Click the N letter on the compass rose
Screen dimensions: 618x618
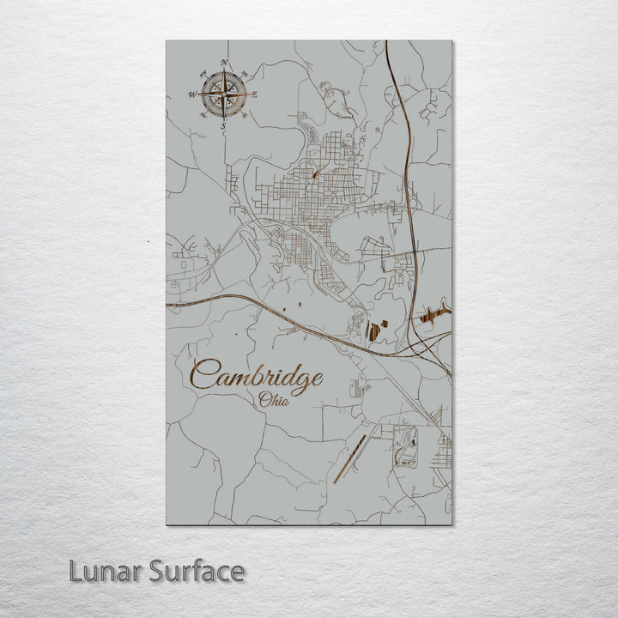click(224, 63)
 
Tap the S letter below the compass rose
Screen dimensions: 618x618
click(224, 126)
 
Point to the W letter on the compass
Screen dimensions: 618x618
click(192, 94)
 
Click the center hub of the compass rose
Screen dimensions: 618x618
click(224, 94)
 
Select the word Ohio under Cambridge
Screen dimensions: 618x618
click(274, 399)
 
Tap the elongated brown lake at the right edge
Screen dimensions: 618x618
click(434, 314)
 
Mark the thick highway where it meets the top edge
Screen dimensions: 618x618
click(386, 43)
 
